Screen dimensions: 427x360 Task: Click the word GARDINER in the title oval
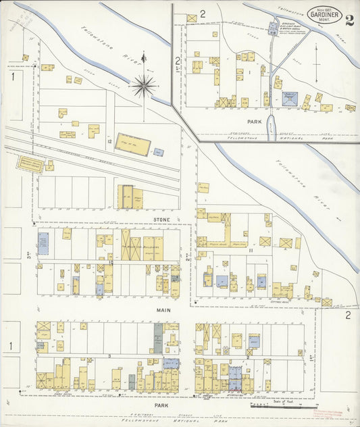(324, 16)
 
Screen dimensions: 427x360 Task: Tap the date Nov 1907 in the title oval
(324, 9)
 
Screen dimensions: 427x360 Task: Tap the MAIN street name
(163, 310)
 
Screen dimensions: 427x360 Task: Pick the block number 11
(250, 251)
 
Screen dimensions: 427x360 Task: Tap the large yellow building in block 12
(132, 144)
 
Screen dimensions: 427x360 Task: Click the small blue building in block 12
(159, 152)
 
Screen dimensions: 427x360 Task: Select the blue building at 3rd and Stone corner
(43, 243)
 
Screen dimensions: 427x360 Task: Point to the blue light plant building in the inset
(290, 99)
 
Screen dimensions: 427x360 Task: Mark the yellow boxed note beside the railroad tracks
(30, 164)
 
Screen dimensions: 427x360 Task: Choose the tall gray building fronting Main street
(158, 337)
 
